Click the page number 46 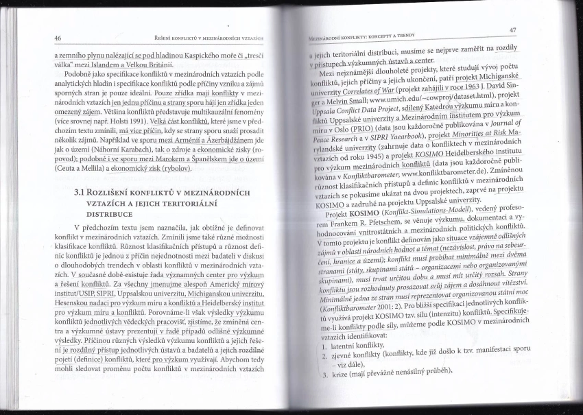click(x=58, y=38)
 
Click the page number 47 click(x=513, y=30)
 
